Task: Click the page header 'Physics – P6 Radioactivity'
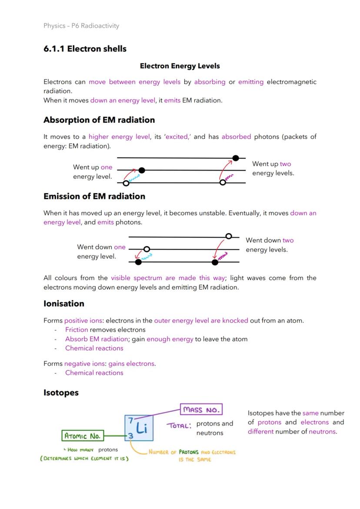(81, 26)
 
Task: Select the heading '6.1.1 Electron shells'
(85, 49)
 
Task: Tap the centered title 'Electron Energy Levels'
(180, 66)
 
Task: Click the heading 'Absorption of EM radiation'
(99, 120)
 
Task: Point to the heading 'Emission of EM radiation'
(94, 196)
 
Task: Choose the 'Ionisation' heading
(64, 303)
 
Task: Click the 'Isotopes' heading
(61, 393)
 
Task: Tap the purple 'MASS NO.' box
(201, 409)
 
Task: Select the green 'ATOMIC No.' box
(83, 436)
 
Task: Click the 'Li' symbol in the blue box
(142, 428)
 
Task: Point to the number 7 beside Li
(130, 420)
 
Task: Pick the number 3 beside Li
(130, 436)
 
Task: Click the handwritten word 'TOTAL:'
(179, 426)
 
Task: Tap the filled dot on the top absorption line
(236, 158)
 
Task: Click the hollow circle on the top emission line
(229, 236)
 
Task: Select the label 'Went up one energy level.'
(93, 172)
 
